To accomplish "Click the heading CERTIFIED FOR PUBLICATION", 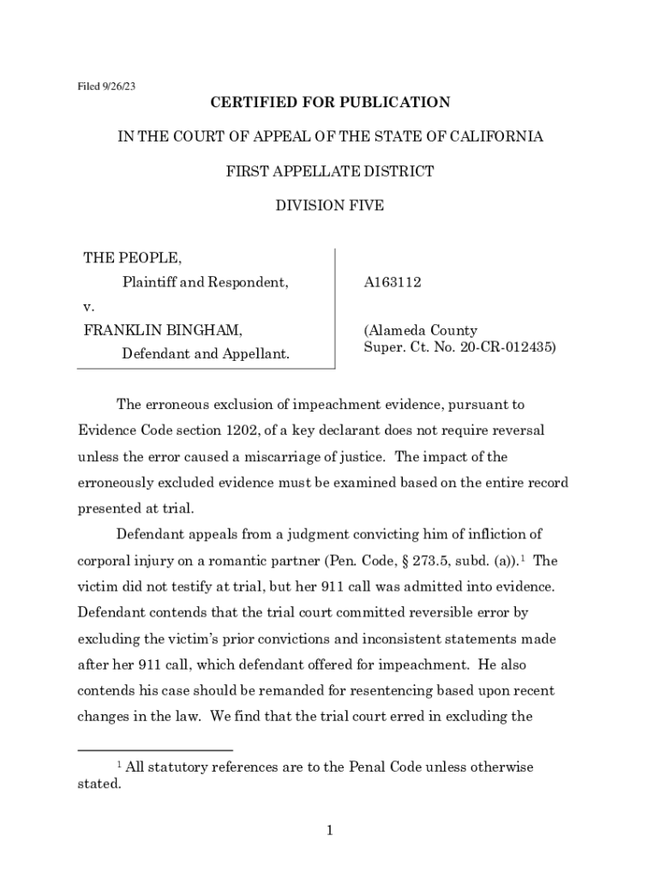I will pyautogui.click(x=330, y=103).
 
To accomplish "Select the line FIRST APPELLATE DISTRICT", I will pyautogui.click(x=330, y=171).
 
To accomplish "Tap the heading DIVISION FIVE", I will pyautogui.click(x=330, y=206).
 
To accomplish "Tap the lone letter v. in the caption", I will pyautogui.click(x=87, y=306).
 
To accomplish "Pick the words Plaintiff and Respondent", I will pyautogui.click(x=205, y=282).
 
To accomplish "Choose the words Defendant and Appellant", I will pyautogui.click(x=205, y=353).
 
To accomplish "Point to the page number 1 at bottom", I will pyautogui.click(x=330, y=829).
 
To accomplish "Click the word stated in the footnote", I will pyautogui.click(x=99, y=784).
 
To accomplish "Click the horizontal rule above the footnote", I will pyautogui.click(x=155, y=750).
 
